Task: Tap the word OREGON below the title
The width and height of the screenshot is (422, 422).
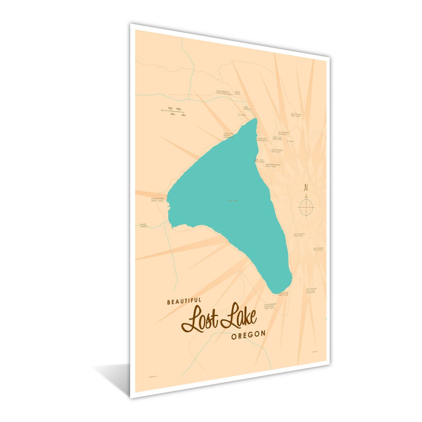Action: pyautogui.click(x=248, y=334)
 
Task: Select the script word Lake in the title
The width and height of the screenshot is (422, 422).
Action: pyautogui.click(x=239, y=316)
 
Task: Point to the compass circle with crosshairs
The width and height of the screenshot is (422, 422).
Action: pyautogui.click(x=306, y=207)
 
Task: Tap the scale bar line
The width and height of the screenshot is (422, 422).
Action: pyautogui.click(x=173, y=111)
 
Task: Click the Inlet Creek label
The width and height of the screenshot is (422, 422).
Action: pyautogui.click(x=143, y=225)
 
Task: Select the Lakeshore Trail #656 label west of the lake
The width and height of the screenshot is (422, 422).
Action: pyautogui.click(x=159, y=200)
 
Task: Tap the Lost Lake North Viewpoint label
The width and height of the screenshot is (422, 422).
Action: pyautogui.click(x=229, y=136)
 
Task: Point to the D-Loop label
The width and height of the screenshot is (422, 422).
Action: pyautogui.click(x=242, y=115)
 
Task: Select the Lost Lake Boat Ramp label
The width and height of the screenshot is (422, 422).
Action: pyautogui.click(x=260, y=161)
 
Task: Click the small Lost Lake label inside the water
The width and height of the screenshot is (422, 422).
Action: pyautogui.click(x=233, y=201)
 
